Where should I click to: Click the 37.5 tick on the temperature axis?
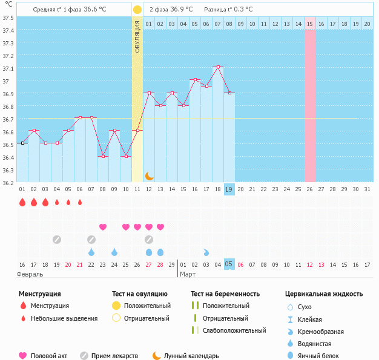tap(8, 17)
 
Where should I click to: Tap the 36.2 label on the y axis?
tap(8, 182)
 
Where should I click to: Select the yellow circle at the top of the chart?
tap(137, 10)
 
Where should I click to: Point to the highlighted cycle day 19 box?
tap(229, 189)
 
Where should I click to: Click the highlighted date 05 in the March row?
tap(229, 264)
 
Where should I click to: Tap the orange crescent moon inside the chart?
tap(150, 176)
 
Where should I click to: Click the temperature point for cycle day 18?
tap(218, 67)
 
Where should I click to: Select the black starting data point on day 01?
tap(22, 143)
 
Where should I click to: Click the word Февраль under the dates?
tap(30, 274)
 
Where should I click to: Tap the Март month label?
tap(188, 274)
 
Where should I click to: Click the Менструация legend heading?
tap(39, 294)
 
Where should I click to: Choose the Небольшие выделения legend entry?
tap(64, 318)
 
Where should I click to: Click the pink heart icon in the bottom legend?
tap(23, 356)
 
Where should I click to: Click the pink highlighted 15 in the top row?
tap(309, 24)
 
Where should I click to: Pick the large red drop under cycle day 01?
tap(22, 202)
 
